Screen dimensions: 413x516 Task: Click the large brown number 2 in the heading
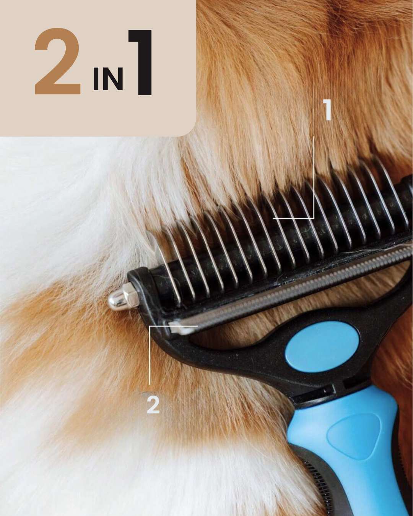point(58,61)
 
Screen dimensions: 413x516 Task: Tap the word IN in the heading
point(108,79)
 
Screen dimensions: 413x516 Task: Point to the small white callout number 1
point(327,110)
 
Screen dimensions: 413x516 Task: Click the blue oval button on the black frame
point(322,347)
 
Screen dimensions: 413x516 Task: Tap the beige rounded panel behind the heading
point(98,68)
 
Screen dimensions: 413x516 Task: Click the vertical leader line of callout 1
point(314,177)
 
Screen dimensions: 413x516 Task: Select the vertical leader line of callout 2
point(150,355)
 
